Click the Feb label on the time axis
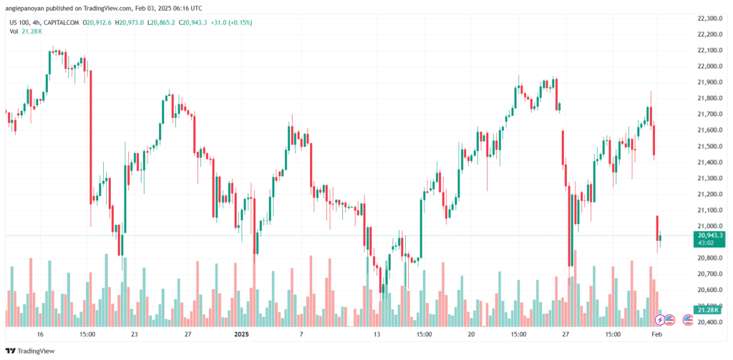point(656,334)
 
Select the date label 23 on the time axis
point(134,334)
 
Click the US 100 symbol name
point(19,22)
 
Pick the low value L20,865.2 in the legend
point(164,22)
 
